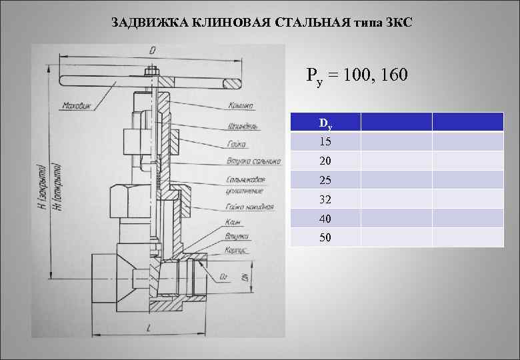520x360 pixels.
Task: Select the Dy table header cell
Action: [325, 123]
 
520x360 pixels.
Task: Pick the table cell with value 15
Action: [325, 142]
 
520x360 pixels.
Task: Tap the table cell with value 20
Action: [325, 161]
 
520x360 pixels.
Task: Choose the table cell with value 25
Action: [325, 180]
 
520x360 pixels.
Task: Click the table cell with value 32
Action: [325, 199]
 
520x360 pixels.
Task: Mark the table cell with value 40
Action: [325, 219]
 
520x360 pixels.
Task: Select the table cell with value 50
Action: [325, 237]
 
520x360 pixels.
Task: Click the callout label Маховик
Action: [77, 105]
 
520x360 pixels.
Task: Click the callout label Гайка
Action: [237, 144]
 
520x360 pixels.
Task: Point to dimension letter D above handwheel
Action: [153, 51]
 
